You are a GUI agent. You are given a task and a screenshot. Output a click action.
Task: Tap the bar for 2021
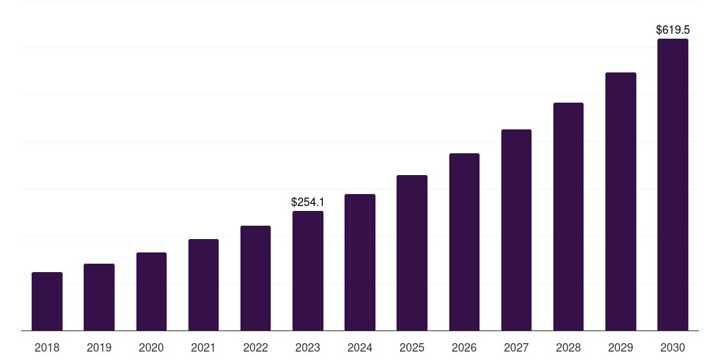click(x=203, y=285)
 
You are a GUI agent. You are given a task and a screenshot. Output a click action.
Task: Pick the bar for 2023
click(x=308, y=271)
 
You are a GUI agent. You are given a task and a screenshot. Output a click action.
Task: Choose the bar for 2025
click(x=412, y=252)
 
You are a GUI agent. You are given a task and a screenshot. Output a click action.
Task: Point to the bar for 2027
click(x=516, y=230)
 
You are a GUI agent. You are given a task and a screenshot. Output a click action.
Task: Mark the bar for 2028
click(x=568, y=217)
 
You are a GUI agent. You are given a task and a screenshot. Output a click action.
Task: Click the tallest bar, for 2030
click(x=673, y=184)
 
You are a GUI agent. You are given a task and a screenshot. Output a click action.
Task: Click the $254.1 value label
click(x=308, y=202)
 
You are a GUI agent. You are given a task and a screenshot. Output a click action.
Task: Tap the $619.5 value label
click(x=673, y=30)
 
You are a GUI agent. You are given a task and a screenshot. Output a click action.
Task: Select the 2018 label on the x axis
click(x=47, y=347)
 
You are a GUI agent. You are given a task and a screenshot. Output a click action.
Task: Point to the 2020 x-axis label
click(x=151, y=347)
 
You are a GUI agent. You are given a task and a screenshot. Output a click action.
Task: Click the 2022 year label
click(x=255, y=347)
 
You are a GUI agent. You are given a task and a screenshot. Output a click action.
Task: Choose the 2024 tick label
click(x=360, y=347)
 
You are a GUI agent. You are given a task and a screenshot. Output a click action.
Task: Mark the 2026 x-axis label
click(x=464, y=347)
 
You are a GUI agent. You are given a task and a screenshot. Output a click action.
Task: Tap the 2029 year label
click(x=620, y=347)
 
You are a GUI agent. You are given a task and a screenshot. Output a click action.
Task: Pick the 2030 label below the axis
click(x=673, y=347)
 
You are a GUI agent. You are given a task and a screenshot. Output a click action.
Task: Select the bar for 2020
click(x=151, y=291)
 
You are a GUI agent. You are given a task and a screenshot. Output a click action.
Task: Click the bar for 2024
click(x=360, y=262)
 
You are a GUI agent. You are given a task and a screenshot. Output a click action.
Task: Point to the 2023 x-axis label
click(x=308, y=347)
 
